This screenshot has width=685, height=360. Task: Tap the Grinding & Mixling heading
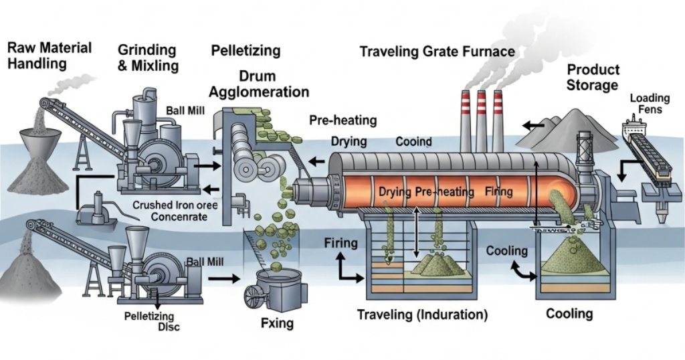[148, 58]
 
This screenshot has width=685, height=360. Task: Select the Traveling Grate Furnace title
[437, 52]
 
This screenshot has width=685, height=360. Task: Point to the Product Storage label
[593, 78]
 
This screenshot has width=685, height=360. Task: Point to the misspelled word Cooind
[413, 142]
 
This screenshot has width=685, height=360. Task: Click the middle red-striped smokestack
[481, 120]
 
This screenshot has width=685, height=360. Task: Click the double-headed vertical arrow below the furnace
[417, 231]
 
